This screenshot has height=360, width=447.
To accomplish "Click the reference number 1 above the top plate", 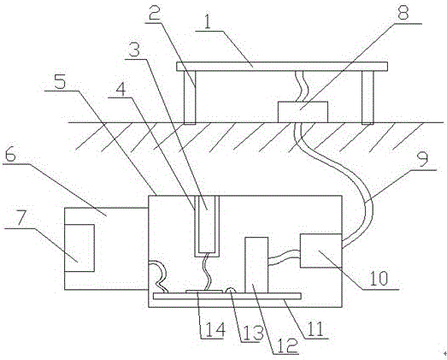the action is [x=208, y=21].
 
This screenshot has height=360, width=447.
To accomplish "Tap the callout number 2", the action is [x=154, y=11].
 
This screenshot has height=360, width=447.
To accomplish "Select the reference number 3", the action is [x=133, y=50].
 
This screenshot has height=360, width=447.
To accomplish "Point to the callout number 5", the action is [x=60, y=81].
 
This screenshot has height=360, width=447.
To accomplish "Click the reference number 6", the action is [x=10, y=155].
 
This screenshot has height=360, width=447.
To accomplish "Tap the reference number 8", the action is [x=403, y=12].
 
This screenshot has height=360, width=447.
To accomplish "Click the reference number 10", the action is [x=379, y=278].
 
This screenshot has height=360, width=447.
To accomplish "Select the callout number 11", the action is [x=315, y=329].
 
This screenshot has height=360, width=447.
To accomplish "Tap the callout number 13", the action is [x=252, y=332].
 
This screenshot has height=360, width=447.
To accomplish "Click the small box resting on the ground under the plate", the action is [x=303, y=112].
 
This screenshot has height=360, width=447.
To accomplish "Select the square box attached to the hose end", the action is [x=321, y=251].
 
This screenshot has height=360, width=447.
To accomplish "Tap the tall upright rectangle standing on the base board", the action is [x=256, y=265].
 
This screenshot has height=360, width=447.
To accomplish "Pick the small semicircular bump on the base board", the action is [x=231, y=291].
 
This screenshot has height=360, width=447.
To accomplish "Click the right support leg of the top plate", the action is [x=368, y=97].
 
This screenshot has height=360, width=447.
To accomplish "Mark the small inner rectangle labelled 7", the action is [x=79, y=248].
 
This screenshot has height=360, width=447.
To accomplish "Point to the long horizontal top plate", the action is [x=282, y=67].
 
